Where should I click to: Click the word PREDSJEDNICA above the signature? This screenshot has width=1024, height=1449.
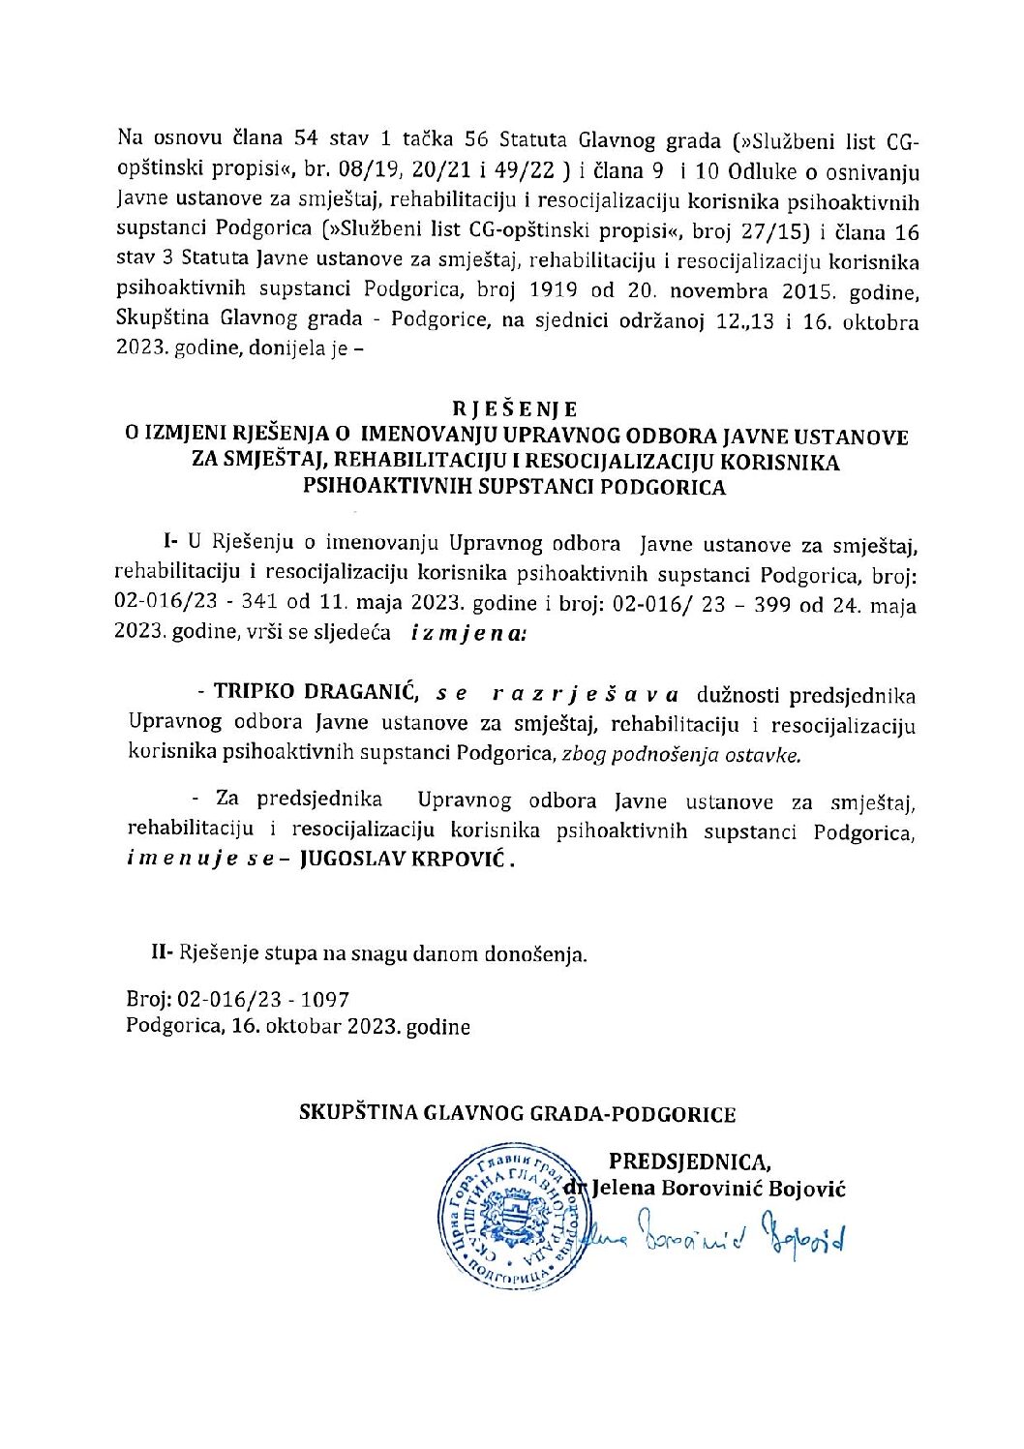(689, 1162)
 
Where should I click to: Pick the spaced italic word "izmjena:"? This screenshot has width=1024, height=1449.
(468, 634)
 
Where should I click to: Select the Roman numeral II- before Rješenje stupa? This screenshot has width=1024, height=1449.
(162, 952)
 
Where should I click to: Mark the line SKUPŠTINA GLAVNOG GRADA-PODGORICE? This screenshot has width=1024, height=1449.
(517, 1113)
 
